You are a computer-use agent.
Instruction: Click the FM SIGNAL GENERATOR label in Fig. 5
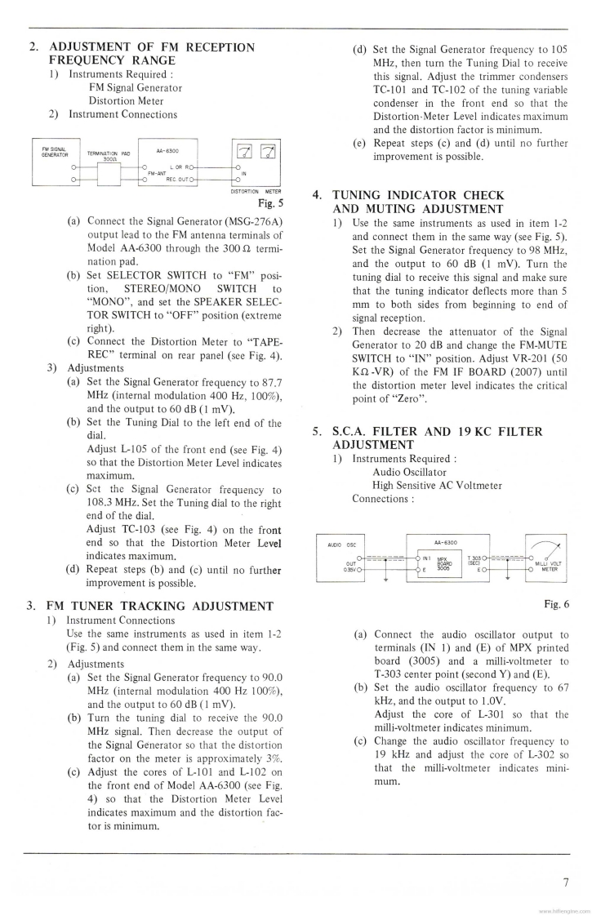coord(55,151)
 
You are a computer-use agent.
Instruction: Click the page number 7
coord(565,881)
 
